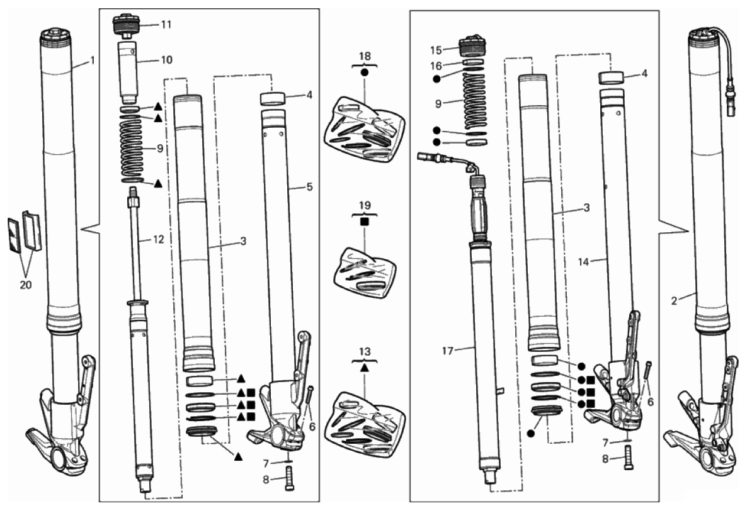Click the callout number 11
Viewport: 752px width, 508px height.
(x=166, y=24)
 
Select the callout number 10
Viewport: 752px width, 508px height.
(x=166, y=60)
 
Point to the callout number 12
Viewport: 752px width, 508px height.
(x=158, y=239)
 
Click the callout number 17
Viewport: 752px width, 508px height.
(x=447, y=351)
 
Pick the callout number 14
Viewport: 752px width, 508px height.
(x=583, y=262)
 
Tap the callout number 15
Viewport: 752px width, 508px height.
(x=435, y=50)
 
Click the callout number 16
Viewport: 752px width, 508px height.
(x=435, y=65)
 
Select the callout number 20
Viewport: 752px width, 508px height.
(x=25, y=285)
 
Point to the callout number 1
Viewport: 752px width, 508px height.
(x=93, y=61)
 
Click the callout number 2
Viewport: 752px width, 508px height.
(x=674, y=301)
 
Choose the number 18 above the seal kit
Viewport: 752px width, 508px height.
(x=365, y=56)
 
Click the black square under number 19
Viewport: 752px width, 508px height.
(x=365, y=222)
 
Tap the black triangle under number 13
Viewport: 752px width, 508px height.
(x=365, y=368)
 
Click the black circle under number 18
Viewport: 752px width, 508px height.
(x=365, y=72)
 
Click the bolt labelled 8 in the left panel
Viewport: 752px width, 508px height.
(x=289, y=479)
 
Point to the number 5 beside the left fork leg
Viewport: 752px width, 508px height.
(x=309, y=186)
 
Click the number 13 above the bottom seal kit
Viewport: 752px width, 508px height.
(x=365, y=352)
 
